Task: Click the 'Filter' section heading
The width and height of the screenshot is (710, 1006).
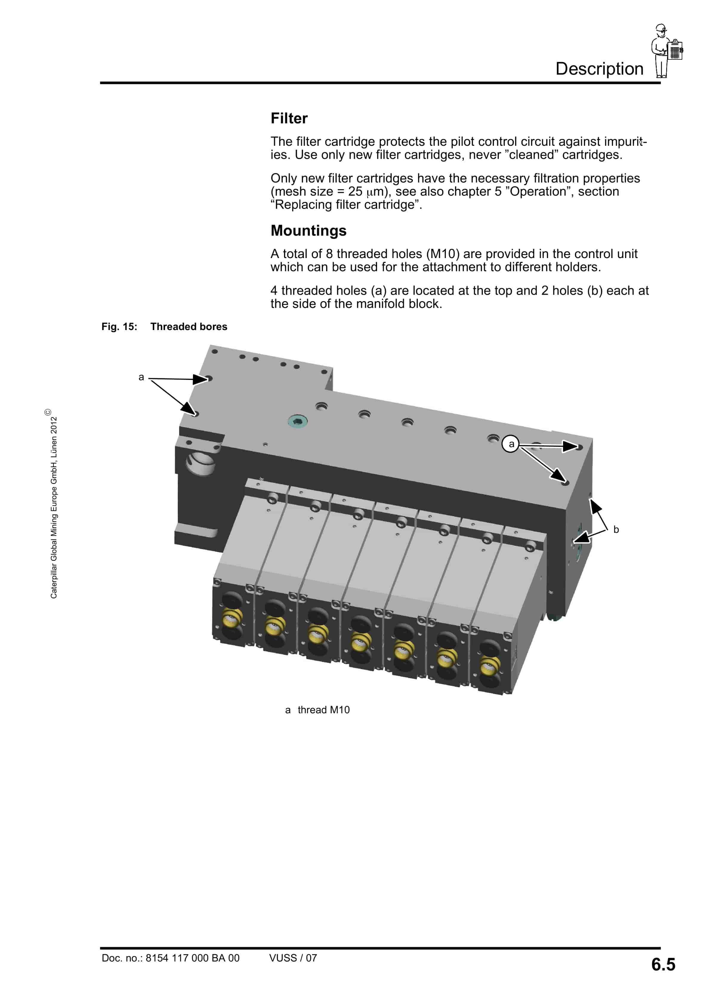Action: click(x=289, y=118)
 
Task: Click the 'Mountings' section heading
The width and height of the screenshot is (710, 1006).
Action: click(x=308, y=231)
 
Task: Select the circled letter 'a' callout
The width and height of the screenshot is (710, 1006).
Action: click(x=511, y=444)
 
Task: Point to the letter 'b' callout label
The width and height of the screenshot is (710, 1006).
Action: click(x=616, y=529)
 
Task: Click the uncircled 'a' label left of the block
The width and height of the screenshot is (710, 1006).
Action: click(x=141, y=377)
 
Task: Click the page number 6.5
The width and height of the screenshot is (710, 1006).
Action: click(x=663, y=964)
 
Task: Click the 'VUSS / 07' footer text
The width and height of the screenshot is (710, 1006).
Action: click(x=293, y=958)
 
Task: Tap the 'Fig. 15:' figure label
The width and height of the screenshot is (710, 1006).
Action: click(x=119, y=326)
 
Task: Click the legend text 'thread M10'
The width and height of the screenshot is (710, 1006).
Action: click(x=323, y=710)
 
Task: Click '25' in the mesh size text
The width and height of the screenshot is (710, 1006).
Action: click(x=355, y=191)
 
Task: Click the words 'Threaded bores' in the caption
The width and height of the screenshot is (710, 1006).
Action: click(x=189, y=326)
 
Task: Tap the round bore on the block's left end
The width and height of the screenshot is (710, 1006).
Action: click(x=200, y=464)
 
